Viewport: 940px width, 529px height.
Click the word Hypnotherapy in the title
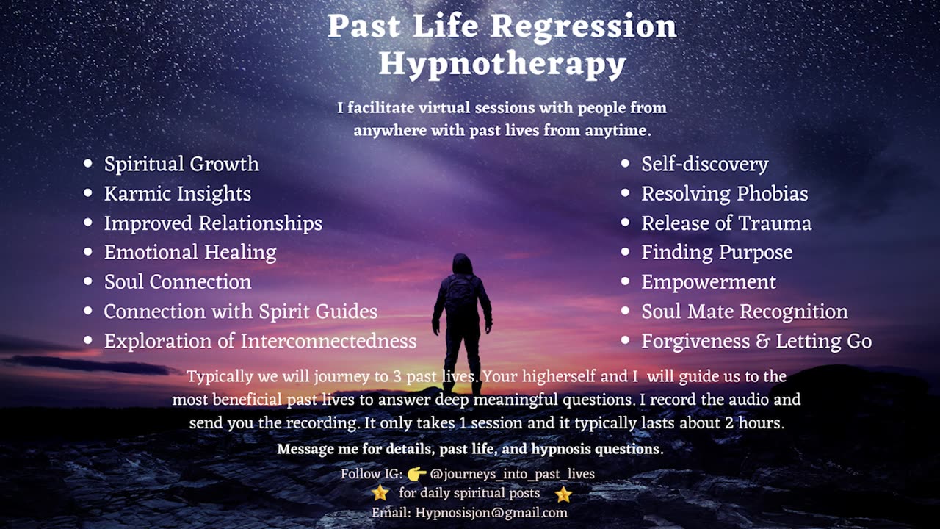502,64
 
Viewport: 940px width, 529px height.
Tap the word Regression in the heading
584,27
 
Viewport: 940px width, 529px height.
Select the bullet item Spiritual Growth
181,164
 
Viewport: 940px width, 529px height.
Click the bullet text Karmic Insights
178,193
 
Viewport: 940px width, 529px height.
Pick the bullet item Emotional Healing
190,253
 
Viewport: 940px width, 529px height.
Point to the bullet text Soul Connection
178,281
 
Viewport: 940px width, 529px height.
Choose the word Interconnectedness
328,341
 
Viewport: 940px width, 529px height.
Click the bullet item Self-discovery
704,164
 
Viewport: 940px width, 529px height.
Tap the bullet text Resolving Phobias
725,193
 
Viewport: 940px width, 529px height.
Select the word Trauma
775,223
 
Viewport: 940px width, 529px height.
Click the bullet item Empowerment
709,282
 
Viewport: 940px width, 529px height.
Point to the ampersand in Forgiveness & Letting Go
762,342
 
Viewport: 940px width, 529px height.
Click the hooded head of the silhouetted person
462,264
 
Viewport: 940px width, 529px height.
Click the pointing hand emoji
416,474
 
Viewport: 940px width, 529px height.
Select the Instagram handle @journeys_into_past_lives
513,474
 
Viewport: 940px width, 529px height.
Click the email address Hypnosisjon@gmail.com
491,513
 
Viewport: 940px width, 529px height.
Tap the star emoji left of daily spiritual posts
380,493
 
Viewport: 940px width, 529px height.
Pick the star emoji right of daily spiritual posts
563,494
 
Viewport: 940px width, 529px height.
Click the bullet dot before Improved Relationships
87,223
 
